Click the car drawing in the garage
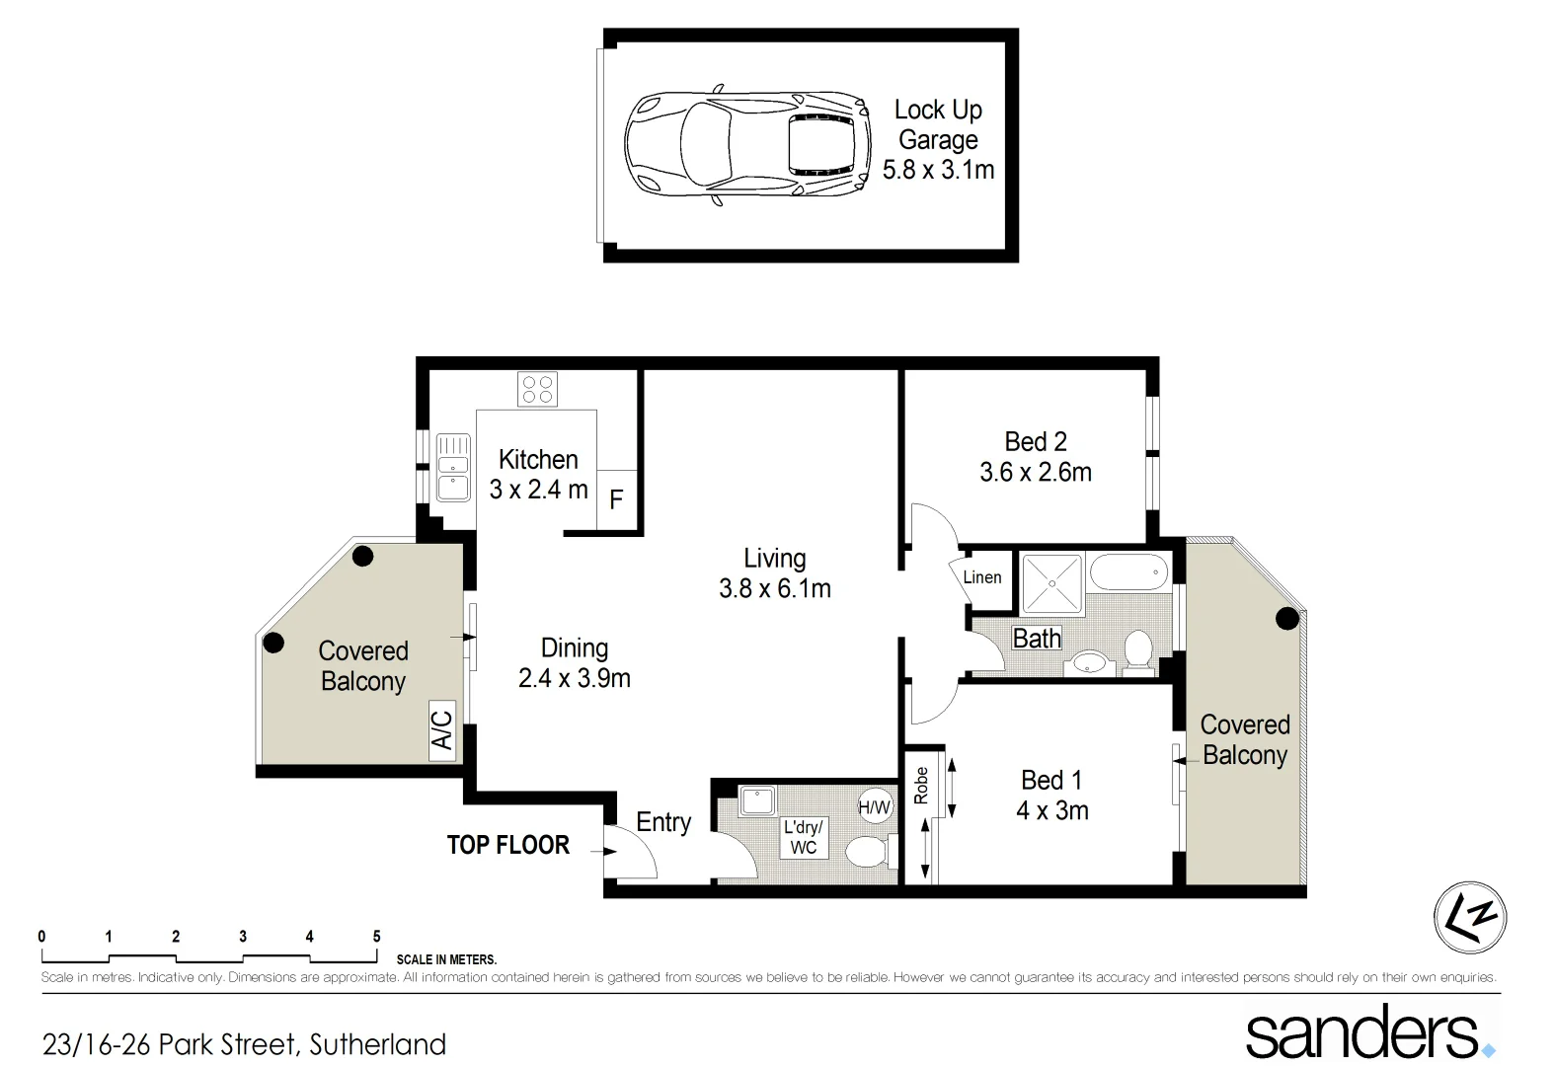(747, 146)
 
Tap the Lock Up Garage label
(938, 139)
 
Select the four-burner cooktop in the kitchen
(538, 389)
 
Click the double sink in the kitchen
(453, 468)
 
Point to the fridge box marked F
(616, 499)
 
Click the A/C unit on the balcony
(442, 730)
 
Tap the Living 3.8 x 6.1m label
(775, 573)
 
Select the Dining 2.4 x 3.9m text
(575, 663)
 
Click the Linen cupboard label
(982, 577)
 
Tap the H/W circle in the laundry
(875, 807)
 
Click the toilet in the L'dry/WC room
(869, 851)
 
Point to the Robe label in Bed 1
(921, 786)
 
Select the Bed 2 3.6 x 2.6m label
(1036, 457)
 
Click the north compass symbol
(1470, 917)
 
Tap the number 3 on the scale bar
(243, 937)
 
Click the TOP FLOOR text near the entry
(508, 845)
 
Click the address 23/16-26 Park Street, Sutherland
(244, 1044)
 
